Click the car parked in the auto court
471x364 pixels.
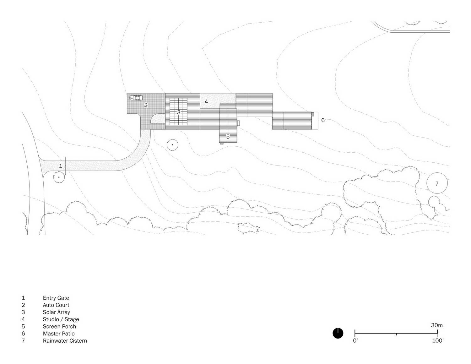coord(136,98)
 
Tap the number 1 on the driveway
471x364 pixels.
coord(61,166)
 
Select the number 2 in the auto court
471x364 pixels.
coord(146,105)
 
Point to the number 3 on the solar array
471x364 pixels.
coord(179,112)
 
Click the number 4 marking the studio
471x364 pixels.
coord(206,101)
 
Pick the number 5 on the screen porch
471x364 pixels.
coord(228,137)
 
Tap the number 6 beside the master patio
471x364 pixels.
coord(323,120)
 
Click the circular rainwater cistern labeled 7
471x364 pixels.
coord(437,173)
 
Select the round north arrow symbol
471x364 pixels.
coord(338,333)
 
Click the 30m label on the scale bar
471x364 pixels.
coord(437,325)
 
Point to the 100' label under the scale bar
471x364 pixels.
coord(438,340)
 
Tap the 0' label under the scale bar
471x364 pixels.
coord(355,340)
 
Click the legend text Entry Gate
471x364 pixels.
coord(56,298)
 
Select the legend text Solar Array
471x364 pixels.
coord(56,312)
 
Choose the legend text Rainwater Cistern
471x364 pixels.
coord(65,340)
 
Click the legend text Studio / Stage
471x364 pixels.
coord(61,319)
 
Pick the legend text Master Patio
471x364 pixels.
coord(59,334)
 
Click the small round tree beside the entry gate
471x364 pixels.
coord(59,177)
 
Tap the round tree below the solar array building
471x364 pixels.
coord(172,145)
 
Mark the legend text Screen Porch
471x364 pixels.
coord(59,327)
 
